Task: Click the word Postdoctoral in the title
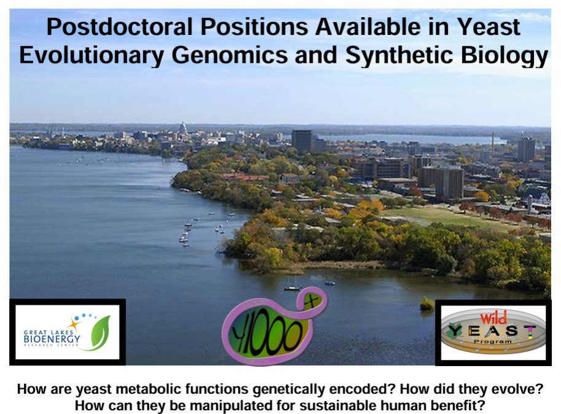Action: click(x=120, y=27)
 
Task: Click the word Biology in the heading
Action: click(x=504, y=56)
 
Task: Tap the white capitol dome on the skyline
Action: click(x=183, y=128)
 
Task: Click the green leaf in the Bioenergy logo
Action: click(x=100, y=332)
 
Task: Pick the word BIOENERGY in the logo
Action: click(x=52, y=338)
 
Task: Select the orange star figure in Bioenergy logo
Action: click(x=74, y=324)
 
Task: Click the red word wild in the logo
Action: click(x=493, y=318)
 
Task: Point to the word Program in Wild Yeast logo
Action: click(x=493, y=342)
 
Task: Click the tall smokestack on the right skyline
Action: click(x=493, y=144)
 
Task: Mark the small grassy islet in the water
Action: click(x=427, y=304)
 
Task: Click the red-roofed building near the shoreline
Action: click(x=243, y=178)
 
